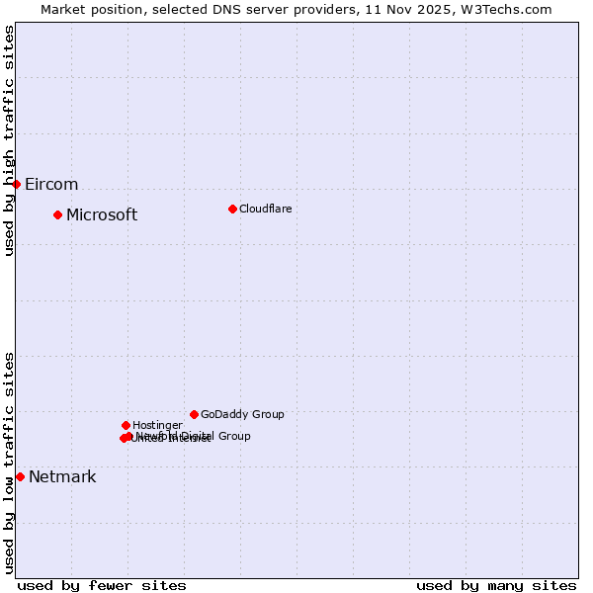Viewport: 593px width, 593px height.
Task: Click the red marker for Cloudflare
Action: tap(232, 209)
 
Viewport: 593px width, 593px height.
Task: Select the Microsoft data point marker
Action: tap(57, 214)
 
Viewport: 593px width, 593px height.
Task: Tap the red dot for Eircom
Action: tap(16, 184)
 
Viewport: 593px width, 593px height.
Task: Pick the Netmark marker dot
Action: tap(20, 476)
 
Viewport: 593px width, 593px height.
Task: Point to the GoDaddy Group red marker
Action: tap(194, 414)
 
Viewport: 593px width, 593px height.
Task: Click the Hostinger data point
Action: tap(126, 425)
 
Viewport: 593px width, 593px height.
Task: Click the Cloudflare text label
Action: tap(266, 209)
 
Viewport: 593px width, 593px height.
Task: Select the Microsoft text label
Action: tap(102, 215)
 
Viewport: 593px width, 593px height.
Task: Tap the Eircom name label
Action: tap(51, 185)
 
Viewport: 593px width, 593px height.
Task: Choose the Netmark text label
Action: tap(62, 477)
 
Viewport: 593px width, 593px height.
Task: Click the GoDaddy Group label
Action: tap(242, 415)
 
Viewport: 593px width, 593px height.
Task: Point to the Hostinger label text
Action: tap(157, 426)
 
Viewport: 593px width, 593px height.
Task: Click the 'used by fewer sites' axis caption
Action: tap(102, 585)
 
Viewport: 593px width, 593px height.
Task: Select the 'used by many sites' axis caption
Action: tap(496, 585)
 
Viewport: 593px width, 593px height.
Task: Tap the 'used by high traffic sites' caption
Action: tap(9, 141)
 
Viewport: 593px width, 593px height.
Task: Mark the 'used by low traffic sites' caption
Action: tap(9, 463)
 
